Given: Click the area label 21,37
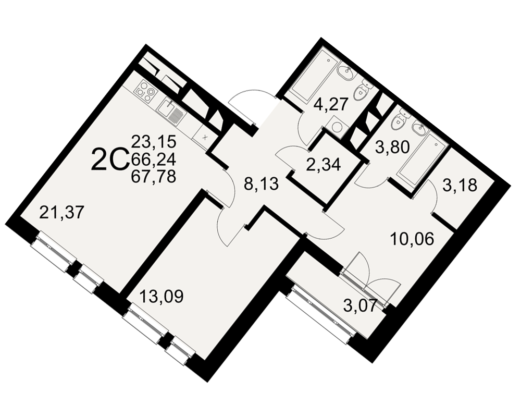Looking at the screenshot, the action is click(x=60, y=212).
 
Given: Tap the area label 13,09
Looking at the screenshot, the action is click(x=162, y=296).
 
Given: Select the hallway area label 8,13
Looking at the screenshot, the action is click(x=261, y=184).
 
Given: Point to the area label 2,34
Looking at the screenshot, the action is click(x=324, y=164).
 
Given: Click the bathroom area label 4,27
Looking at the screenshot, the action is click(x=331, y=104).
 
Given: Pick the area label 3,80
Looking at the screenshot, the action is click(x=392, y=147).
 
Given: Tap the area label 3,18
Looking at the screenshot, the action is click(x=460, y=185).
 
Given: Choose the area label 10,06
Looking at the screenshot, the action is click(x=412, y=239).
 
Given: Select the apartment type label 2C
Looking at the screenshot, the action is click(x=110, y=160).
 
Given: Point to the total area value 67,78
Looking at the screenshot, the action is click(x=154, y=176).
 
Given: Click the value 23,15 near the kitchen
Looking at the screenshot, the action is click(x=154, y=142).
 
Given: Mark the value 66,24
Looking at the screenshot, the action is click(x=154, y=160).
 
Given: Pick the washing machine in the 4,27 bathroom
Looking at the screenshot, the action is click(x=336, y=128).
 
